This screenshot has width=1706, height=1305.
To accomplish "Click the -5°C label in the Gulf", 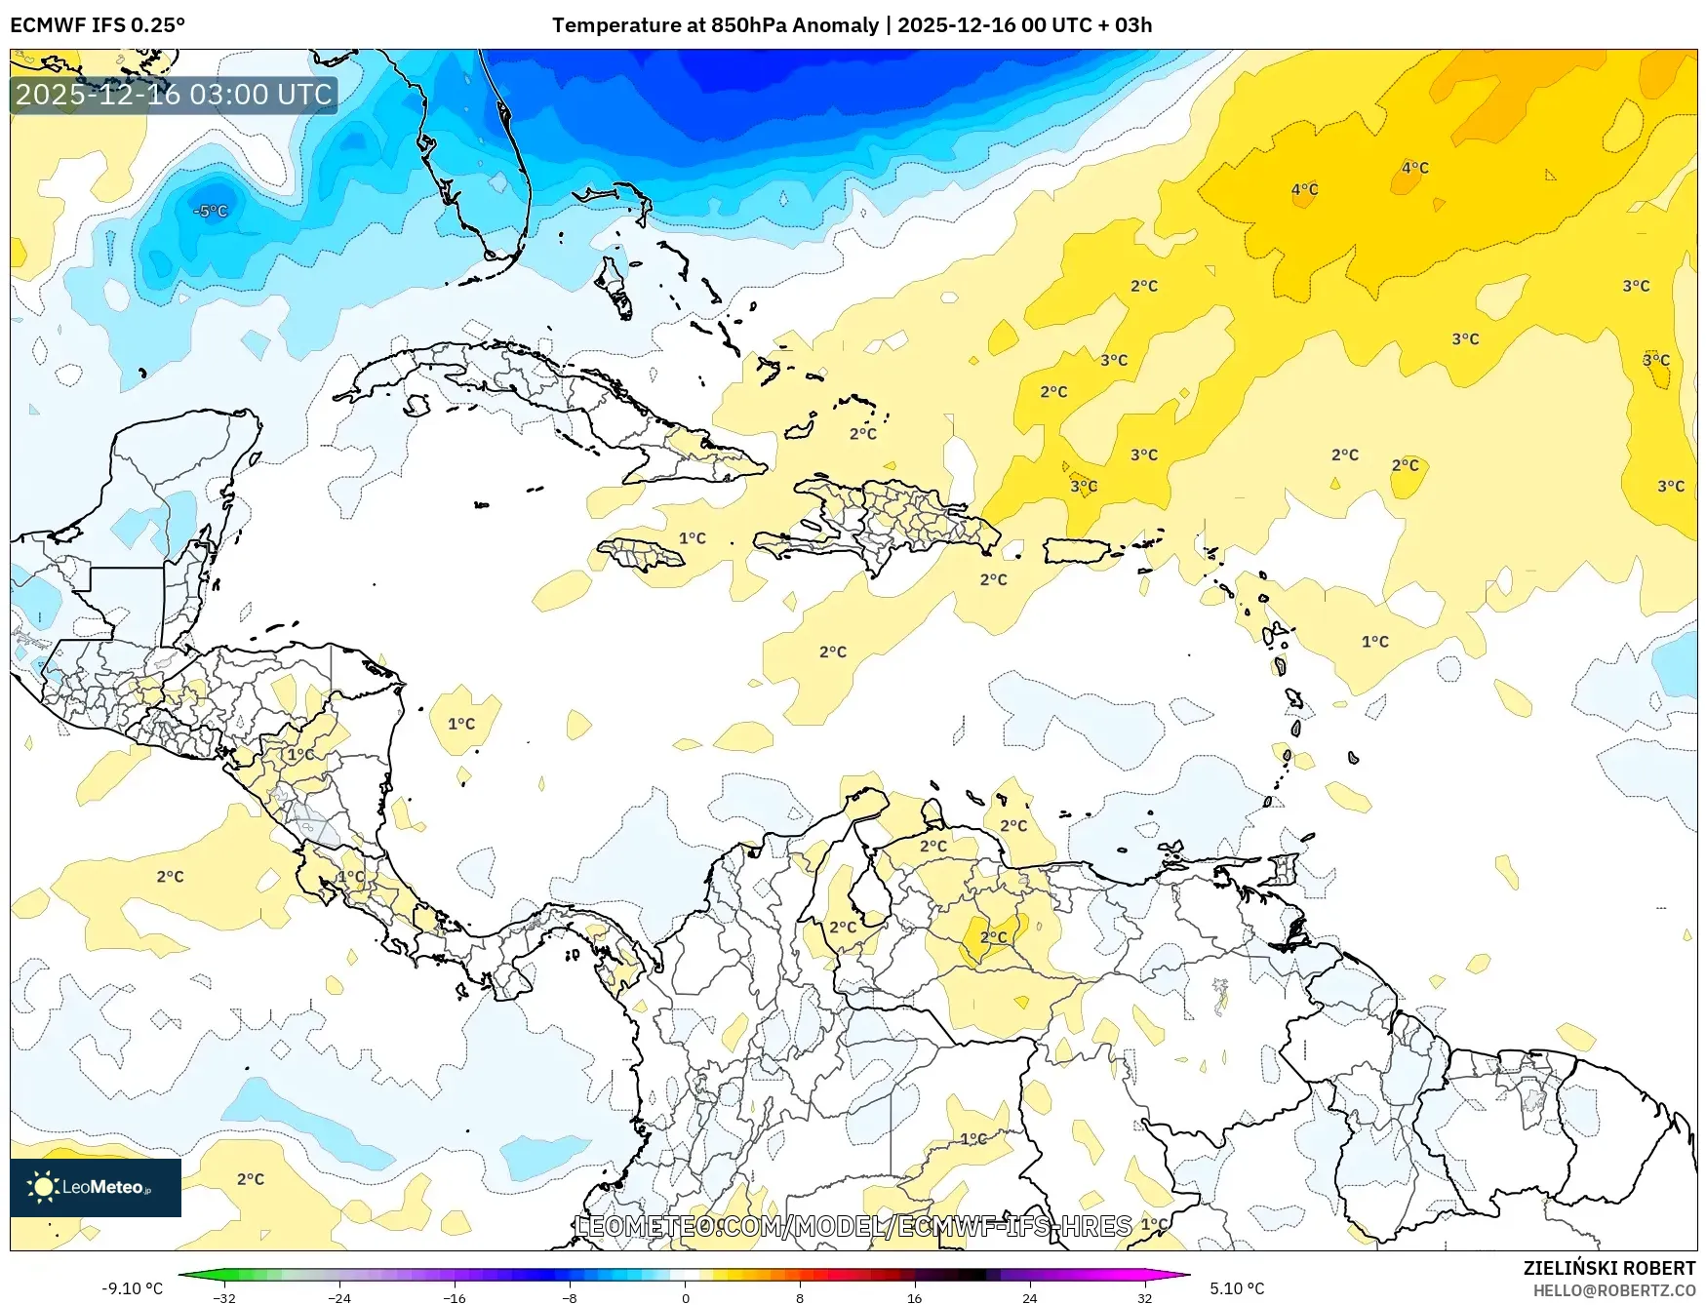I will click(x=211, y=211).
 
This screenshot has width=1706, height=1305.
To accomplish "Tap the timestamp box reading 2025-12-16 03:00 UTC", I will click(x=174, y=95).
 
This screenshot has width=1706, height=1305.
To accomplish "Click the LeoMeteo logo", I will click(x=95, y=1187).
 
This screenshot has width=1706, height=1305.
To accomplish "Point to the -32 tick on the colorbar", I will click(x=224, y=1297).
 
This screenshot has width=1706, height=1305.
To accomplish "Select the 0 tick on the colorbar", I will click(x=685, y=1297).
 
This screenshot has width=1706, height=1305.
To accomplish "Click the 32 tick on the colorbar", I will click(x=1144, y=1297).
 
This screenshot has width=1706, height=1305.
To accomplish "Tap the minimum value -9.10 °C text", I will click(x=133, y=1288).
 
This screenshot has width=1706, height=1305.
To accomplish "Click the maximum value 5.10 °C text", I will click(x=1237, y=1288).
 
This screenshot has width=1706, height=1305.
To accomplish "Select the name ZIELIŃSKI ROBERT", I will click(x=1609, y=1268).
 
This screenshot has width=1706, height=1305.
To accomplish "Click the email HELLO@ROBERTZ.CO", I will click(x=1614, y=1290).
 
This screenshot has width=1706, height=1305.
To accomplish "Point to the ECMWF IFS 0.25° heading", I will click(x=98, y=25).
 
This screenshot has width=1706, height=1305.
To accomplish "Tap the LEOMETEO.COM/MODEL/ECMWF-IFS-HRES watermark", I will click(x=853, y=1226).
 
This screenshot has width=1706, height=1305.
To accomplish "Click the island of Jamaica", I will click(x=641, y=555).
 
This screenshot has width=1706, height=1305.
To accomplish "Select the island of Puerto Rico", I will click(x=1077, y=551).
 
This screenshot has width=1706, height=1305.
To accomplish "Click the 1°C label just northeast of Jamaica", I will click(x=692, y=537).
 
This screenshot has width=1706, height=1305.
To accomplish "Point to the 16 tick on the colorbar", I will click(x=914, y=1297).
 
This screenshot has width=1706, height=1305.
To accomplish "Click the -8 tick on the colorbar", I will click(x=570, y=1297).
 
